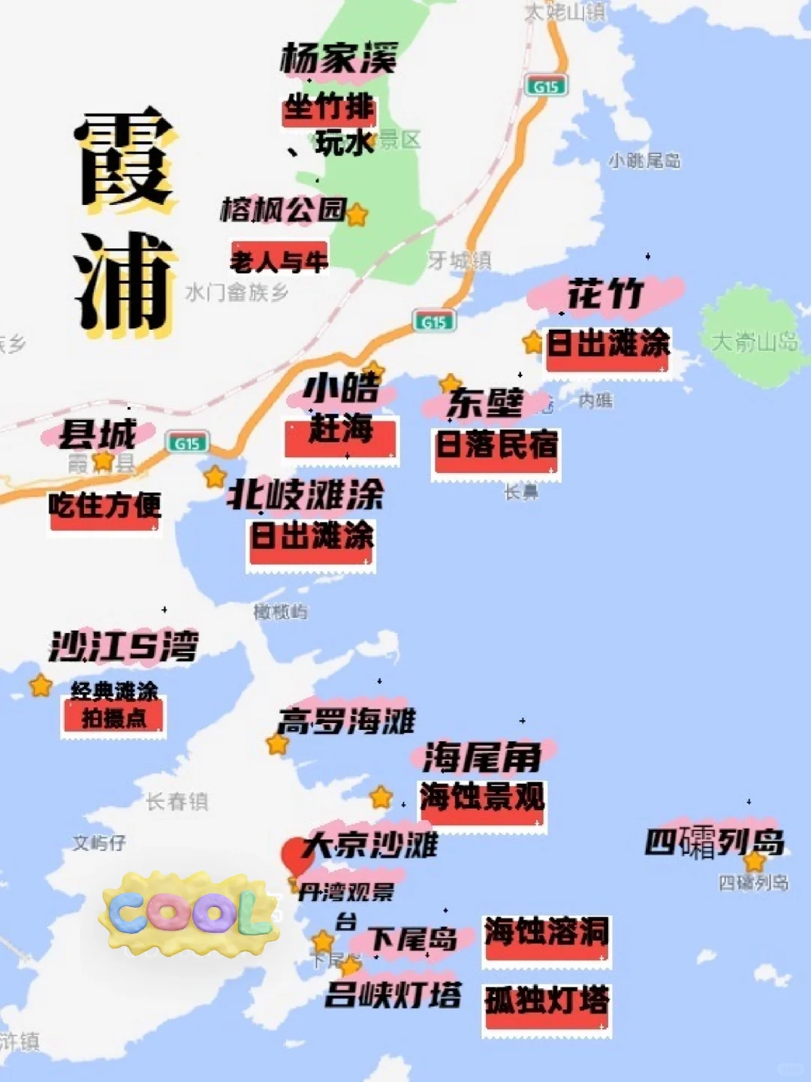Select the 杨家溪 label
[x=339, y=59]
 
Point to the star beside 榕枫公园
[x=357, y=215]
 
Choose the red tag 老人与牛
[x=279, y=261]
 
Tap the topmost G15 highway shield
[x=546, y=86]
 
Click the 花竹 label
[x=605, y=294]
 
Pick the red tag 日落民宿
[x=496, y=447]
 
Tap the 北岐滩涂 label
[x=306, y=495]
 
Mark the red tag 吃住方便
[x=104, y=507]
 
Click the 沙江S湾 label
[x=124, y=646]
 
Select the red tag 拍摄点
[x=114, y=719]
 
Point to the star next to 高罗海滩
[x=277, y=744]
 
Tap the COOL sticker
[x=189, y=912]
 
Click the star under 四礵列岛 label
[x=754, y=861]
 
